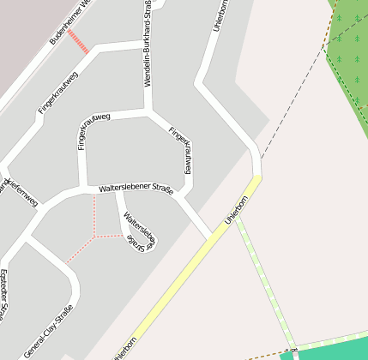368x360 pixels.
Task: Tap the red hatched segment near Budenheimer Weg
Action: click(78, 41)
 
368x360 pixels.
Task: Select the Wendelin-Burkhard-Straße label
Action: click(148, 43)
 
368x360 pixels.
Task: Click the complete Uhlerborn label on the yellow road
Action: click(236, 210)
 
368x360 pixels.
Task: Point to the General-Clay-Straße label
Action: click(49, 331)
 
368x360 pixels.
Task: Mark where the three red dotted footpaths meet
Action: click(94, 235)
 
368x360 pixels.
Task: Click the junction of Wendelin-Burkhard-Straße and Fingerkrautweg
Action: click(148, 111)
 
